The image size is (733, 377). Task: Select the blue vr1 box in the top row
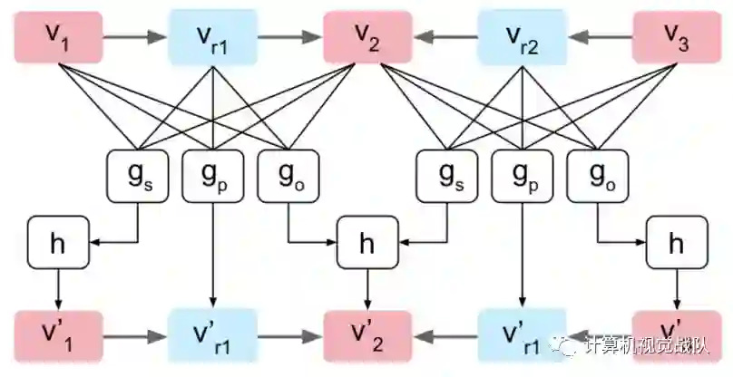[x=212, y=39]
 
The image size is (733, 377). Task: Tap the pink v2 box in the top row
[x=366, y=39]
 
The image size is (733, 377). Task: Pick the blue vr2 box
[x=521, y=39]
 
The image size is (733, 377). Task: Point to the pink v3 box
[x=675, y=39]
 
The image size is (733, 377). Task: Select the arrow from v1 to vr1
[x=135, y=39]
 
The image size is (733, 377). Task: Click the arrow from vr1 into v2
[x=289, y=39]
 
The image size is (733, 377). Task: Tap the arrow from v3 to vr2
[x=598, y=39]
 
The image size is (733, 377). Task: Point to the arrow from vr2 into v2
[x=444, y=39]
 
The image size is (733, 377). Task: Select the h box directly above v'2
[x=366, y=242]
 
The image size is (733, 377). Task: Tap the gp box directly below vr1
[x=212, y=173]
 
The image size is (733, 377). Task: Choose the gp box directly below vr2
[x=521, y=173]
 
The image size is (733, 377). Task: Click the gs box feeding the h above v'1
[x=135, y=173]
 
